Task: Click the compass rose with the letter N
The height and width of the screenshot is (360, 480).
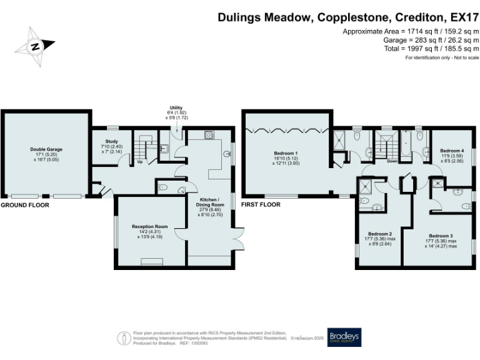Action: pyautogui.click(x=36, y=45)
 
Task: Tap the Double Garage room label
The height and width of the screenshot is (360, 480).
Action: pyautogui.click(x=47, y=149)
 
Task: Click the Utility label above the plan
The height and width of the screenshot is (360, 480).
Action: pyautogui.click(x=176, y=107)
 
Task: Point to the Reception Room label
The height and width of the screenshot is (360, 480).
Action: pyautogui.click(x=147, y=226)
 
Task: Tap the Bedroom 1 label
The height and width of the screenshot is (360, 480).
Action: pyautogui.click(x=286, y=153)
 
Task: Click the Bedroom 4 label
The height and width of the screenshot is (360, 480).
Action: pyautogui.click(x=452, y=151)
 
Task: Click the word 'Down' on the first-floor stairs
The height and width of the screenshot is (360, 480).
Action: pyautogui.click(x=392, y=161)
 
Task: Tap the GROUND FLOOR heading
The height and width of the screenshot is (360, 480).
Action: pyautogui.click(x=25, y=204)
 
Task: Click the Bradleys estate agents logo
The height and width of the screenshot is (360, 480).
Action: pyautogui.click(x=344, y=337)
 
